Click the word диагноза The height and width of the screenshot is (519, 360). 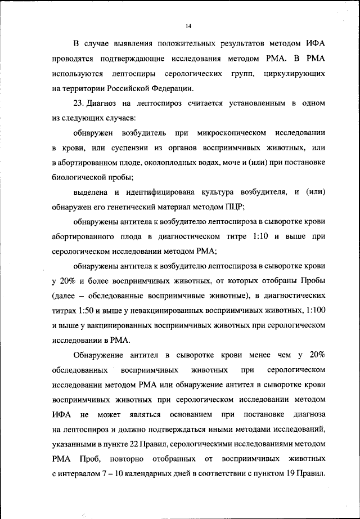[308, 415]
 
